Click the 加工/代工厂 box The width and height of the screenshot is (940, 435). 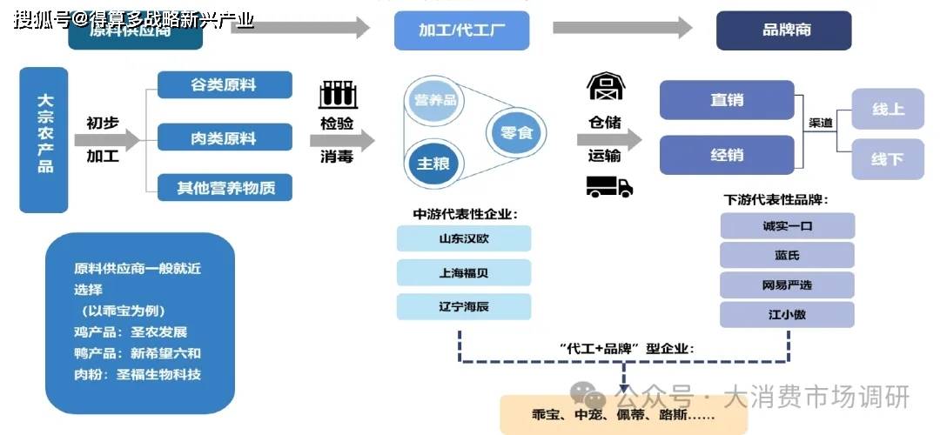click(461, 30)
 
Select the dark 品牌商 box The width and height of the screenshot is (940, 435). click(783, 30)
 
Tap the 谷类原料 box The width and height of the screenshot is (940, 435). click(224, 85)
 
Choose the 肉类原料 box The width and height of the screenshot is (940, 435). click(224, 137)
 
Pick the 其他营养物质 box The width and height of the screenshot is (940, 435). click(224, 187)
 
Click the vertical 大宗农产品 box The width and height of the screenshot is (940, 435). click(44, 139)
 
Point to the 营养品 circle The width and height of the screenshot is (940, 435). click(435, 100)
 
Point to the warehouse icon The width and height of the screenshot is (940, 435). click(605, 86)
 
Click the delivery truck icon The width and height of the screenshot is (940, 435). click(608, 185)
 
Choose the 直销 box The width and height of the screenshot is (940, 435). click(727, 100)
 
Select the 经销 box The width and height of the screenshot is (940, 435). click(727, 155)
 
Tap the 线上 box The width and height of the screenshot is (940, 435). click(887, 110)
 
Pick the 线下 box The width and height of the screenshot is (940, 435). click(887, 159)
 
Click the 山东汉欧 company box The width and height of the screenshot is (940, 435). click(463, 238)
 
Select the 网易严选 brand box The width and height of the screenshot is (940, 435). click(787, 284)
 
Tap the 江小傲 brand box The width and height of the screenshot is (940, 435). click(787, 314)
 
